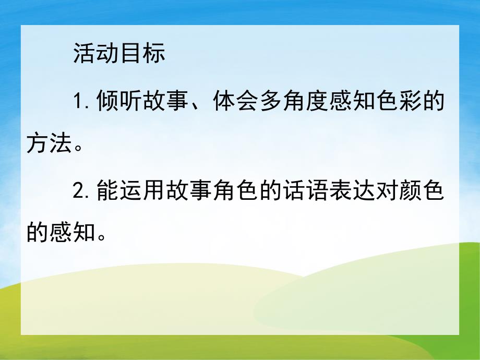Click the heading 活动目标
(119, 54)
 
